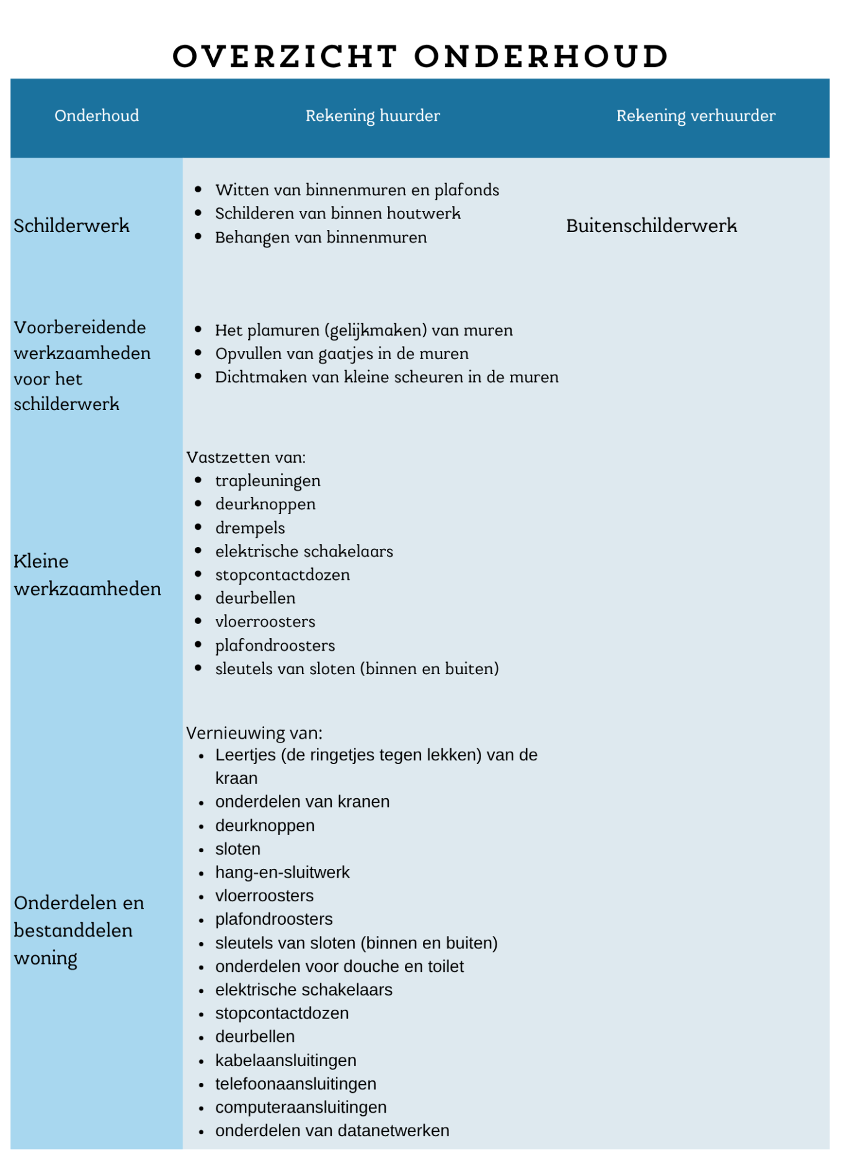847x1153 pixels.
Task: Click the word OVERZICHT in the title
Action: click(x=285, y=56)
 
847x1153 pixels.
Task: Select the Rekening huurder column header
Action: click(x=373, y=116)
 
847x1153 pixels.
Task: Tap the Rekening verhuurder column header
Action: click(x=695, y=116)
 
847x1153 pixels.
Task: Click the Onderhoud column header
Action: click(x=97, y=116)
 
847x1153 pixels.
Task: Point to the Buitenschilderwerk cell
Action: click(x=651, y=226)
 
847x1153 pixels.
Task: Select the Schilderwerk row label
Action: click(x=72, y=226)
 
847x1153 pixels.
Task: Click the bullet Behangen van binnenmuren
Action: click(x=321, y=238)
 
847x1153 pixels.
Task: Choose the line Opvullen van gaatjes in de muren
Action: click(x=342, y=354)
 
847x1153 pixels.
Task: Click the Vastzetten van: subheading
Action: click(x=246, y=458)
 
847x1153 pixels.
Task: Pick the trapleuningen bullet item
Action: click(x=268, y=481)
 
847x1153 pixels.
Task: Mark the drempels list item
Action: click(x=250, y=528)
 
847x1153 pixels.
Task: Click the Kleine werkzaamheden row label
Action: click(x=87, y=575)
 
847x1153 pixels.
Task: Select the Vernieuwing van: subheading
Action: click(x=254, y=733)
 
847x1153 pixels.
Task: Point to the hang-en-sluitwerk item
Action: click(x=282, y=873)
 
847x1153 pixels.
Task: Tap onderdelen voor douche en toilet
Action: click(x=339, y=966)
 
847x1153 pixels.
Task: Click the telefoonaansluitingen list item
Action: click(x=296, y=1084)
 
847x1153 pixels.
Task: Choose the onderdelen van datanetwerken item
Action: click(x=332, y=1131)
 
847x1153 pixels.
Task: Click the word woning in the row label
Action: click(x=46, y=959)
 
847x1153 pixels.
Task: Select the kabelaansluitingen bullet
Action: click(x=285, y=1061)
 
